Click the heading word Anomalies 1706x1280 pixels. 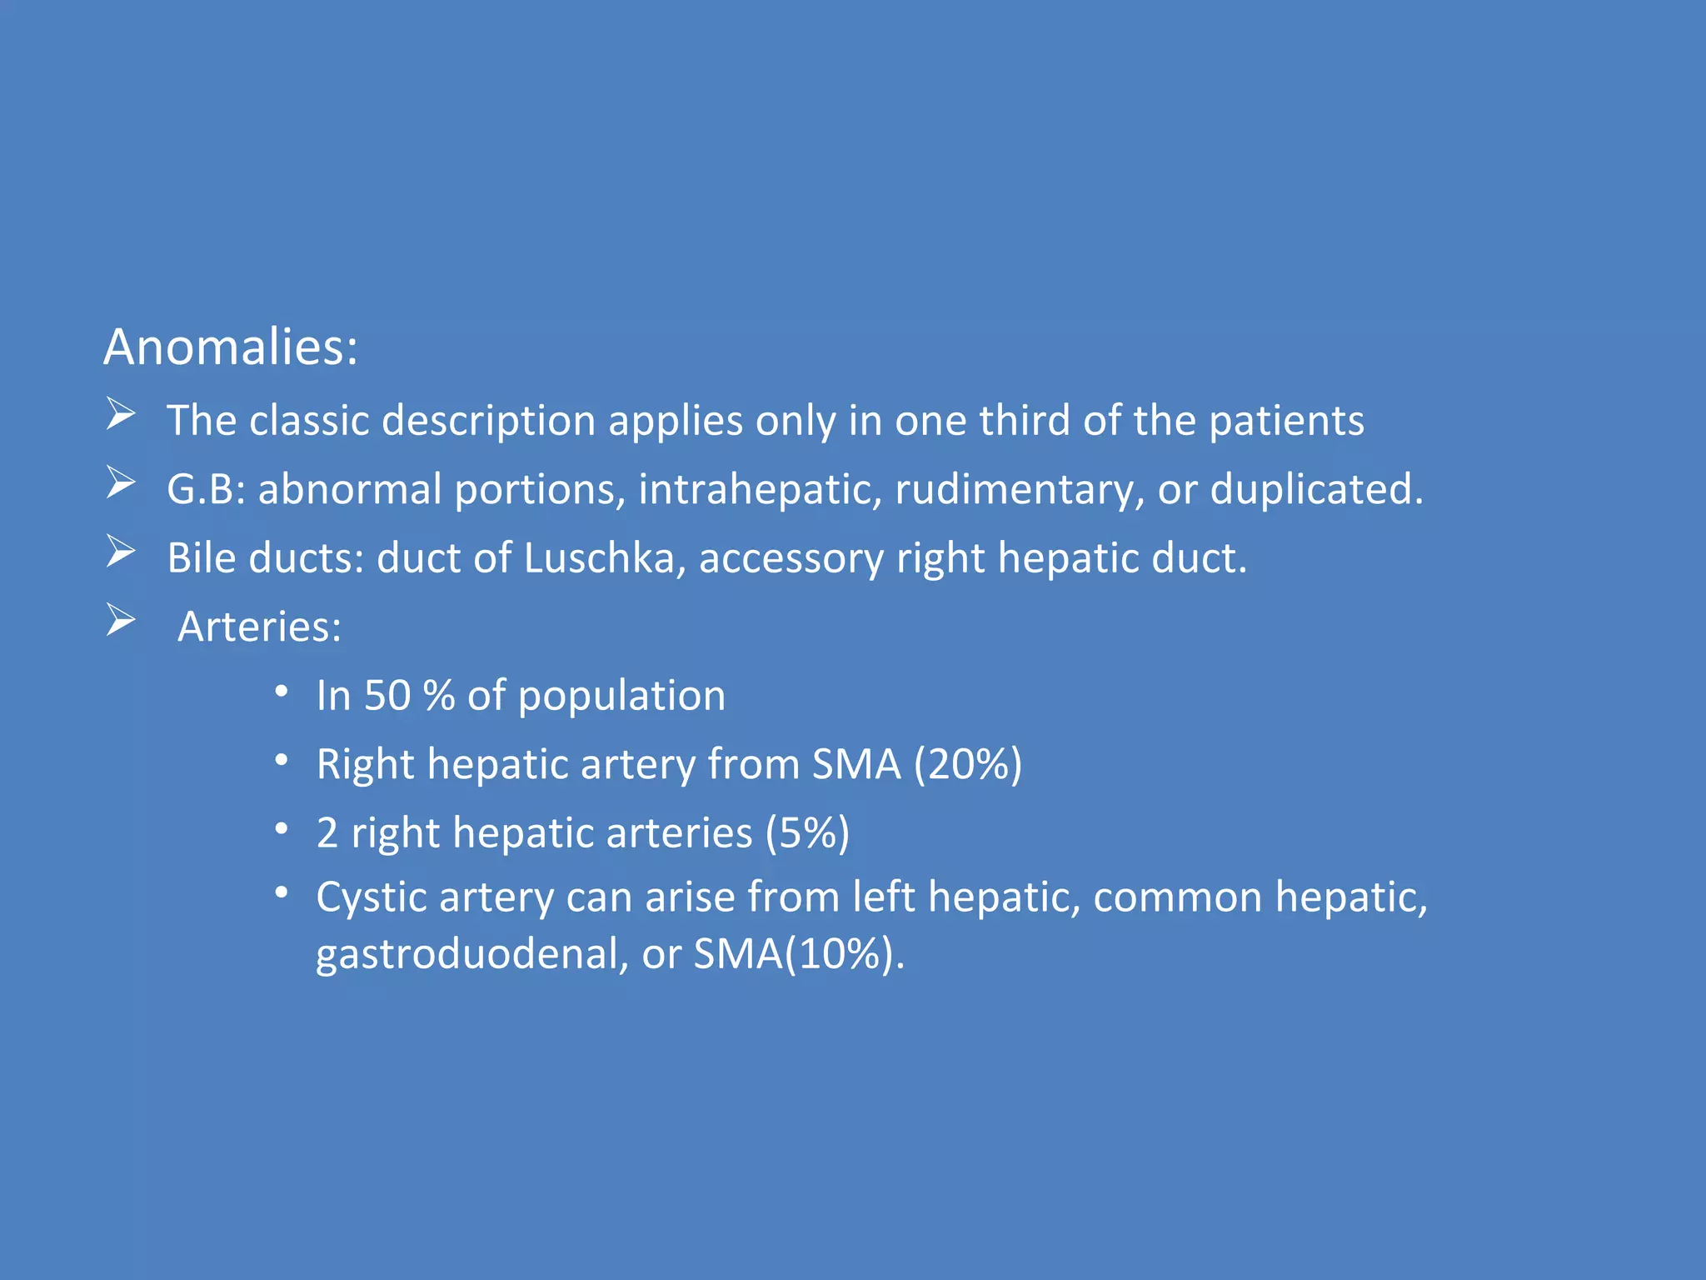[x=230, y=347]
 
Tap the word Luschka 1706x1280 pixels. [x=599, y=557]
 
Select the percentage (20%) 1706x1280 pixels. [x=967, y=764]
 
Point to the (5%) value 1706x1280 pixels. [x=807, y=832]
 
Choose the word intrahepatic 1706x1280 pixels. [x=760, y=489]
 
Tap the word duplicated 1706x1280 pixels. [x=1316, y=489]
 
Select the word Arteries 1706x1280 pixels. [x=259, y=627]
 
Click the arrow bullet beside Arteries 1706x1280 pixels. [x=121, y=621]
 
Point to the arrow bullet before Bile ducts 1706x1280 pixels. [x=121, y=552]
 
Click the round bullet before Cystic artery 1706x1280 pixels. [x=282, y=893]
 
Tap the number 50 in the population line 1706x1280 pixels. [x=387, y=696]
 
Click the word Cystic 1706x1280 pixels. [x=371, y=898]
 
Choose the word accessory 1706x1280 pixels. [x=791, y=559]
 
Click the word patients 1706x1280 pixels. [x=1286, y=421]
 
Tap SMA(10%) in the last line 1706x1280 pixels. [x=798, y=953]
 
